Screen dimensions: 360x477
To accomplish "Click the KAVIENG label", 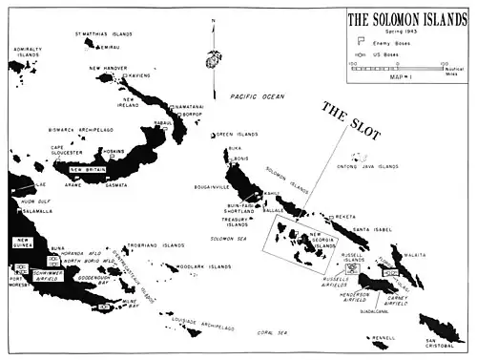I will pyautogui.click(x=140, y=74).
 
